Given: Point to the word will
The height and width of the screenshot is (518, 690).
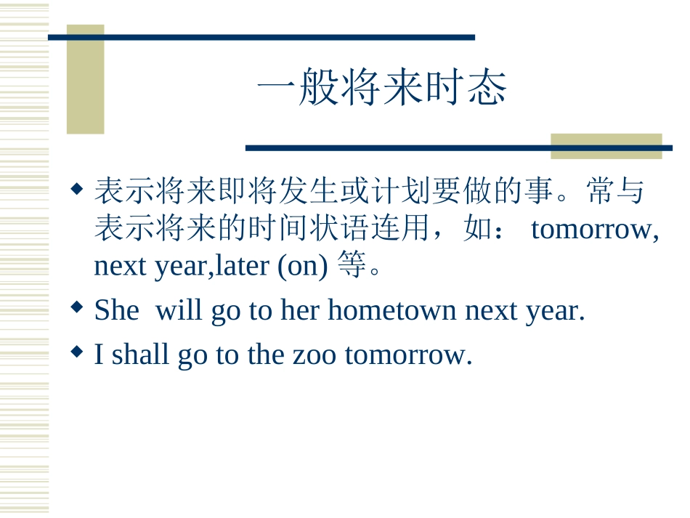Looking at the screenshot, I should [179, 311].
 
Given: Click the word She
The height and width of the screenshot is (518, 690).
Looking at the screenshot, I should [116, 311].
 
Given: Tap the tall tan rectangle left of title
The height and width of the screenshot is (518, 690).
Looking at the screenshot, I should [86, 80].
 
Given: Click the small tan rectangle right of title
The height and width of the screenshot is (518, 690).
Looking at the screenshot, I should [606, 145].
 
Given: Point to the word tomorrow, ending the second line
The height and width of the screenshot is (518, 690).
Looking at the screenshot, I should [595, 230].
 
